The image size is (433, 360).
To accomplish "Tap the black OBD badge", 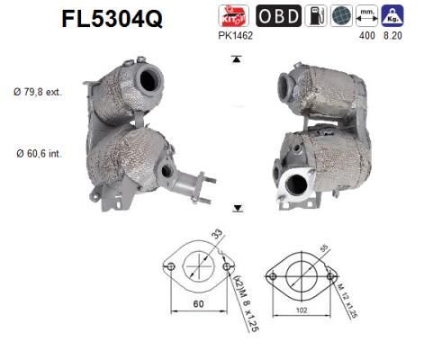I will click(x=279, y=15).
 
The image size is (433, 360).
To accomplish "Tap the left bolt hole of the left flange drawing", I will click(x=169, y=266).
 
